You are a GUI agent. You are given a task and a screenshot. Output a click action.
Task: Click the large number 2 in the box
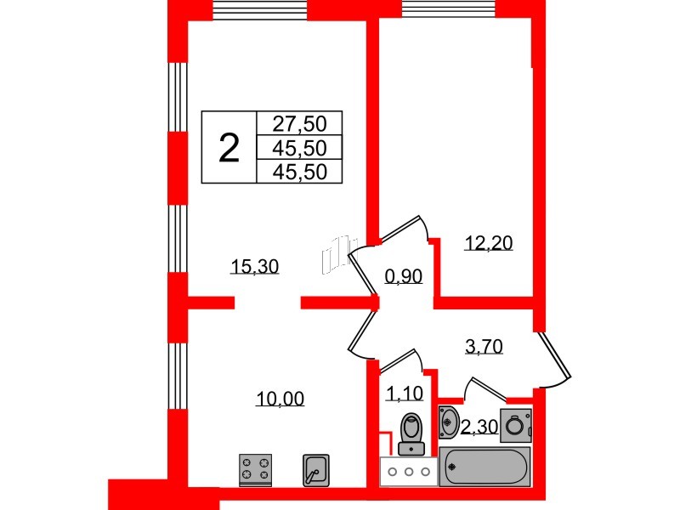click(x=229, y=147)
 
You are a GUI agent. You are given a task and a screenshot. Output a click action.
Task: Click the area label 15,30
click(x=255, y=267)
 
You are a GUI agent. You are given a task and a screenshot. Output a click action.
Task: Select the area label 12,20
click(x=489, y=244)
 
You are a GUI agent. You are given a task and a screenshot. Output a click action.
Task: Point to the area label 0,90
click(x=404, y=276)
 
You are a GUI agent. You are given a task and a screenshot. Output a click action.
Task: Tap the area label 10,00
click(x=280, y=398)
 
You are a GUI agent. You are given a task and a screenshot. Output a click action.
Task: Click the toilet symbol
click(x=411, y=433)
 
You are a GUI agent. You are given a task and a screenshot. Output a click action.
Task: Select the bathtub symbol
click(x=484, y=467)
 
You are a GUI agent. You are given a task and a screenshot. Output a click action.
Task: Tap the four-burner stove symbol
click(x=255, y=468)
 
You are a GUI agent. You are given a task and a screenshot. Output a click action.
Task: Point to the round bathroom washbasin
click(x=450, y=421)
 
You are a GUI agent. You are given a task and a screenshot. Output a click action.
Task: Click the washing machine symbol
click(x=514, y=422)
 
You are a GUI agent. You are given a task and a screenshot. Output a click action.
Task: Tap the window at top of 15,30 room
click(x=259, y=9)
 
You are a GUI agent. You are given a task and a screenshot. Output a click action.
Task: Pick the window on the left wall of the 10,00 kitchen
click(x=177, y=374)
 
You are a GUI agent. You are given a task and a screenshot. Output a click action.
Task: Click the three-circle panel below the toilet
click(x=409, y=470)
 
